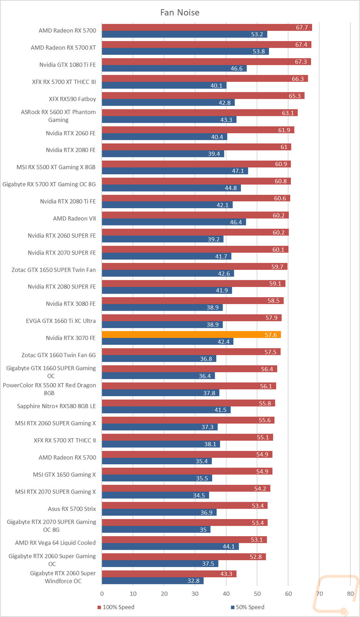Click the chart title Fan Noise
point(180,12)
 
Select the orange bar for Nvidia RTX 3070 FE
point(191,335)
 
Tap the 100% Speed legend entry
point(116,607)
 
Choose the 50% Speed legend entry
point(247,607)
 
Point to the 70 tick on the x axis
point(319,594)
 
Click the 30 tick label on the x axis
point(195,594)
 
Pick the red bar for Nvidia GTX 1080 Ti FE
point(206,62)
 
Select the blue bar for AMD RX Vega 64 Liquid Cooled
point(170,546)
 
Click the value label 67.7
point(302,27)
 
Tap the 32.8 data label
point(193,581)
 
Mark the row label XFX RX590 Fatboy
point(72,99)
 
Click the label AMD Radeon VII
point(74,218)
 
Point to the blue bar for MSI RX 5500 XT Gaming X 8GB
point(175,171)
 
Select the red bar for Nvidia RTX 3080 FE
point(193,300)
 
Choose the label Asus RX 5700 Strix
point(72,509)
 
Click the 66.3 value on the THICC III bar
point(298,79)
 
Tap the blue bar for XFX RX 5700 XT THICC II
point(161,444)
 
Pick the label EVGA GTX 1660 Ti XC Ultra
point(61,321)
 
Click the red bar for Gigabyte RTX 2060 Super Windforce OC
point(169,574)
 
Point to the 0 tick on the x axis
point(102,594)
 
